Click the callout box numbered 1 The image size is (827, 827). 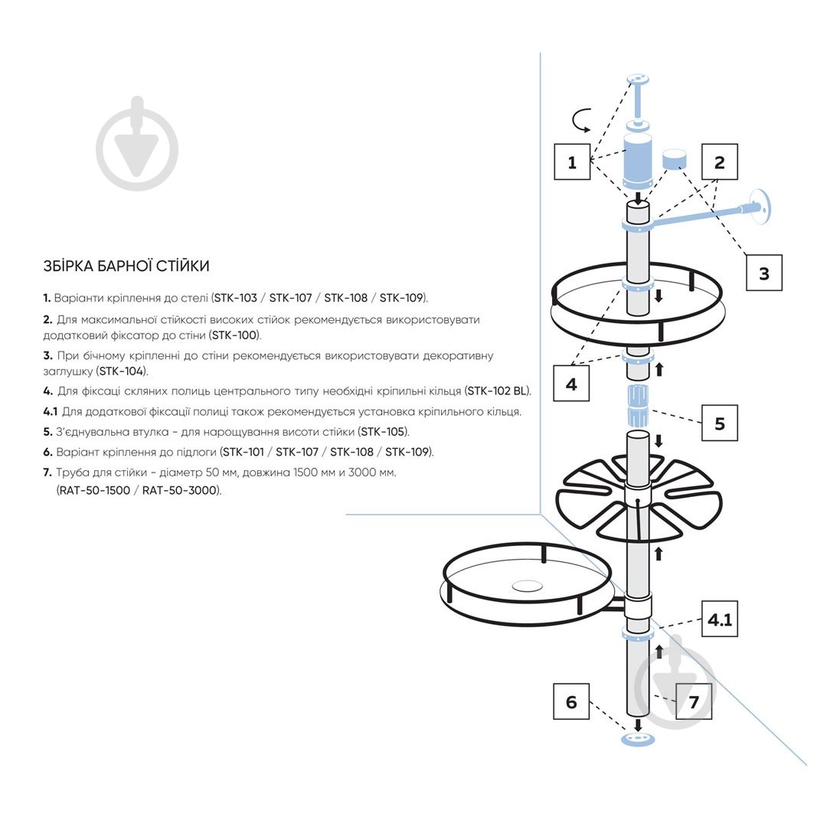point(572,162)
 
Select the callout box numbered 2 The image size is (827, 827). point(719,162)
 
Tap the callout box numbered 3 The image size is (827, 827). point(763,273)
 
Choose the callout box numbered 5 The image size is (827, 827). point(719,423)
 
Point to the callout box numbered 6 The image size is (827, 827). point(571,701)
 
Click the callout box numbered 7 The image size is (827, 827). point(693,701)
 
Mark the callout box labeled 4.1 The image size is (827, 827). point(719,620)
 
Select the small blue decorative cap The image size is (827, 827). point(674,159)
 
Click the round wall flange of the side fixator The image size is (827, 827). point(762,205)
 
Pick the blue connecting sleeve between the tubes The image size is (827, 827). point(637,407)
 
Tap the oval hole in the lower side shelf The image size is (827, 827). point(527,586)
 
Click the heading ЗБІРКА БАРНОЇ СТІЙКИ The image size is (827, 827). point(126,266)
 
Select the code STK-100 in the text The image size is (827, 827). point(234,335)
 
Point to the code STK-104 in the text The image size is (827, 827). point(122,371)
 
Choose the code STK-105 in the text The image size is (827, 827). point(384,432)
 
